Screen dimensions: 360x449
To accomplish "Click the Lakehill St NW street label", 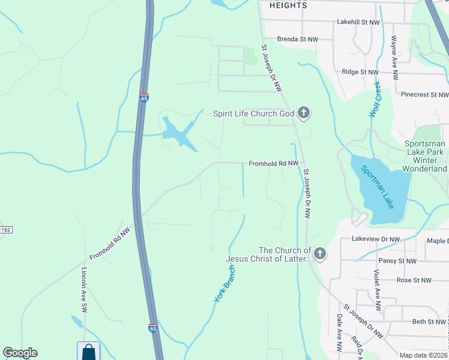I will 358,22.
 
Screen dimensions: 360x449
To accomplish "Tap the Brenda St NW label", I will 298,39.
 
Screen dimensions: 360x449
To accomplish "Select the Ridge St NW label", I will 361,72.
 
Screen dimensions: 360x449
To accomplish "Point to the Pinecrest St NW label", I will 424,95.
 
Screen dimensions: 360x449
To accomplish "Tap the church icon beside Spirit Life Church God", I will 304,113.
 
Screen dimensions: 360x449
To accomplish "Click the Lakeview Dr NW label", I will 378,239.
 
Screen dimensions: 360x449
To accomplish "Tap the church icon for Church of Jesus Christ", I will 319,254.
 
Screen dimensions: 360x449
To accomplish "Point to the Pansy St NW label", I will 397,261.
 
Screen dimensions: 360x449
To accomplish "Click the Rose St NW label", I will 414,280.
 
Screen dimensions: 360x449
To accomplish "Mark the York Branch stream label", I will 224,283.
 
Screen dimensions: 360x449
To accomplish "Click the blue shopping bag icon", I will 88,351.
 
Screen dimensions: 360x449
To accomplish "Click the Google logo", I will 20,353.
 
